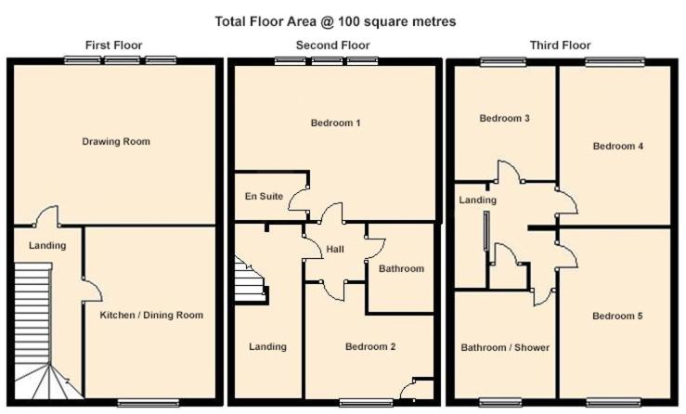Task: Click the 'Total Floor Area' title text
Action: coord(335,21)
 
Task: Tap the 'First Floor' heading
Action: coord(114,45)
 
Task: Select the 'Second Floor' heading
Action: coord(333,45)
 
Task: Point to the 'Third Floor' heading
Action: coord(561,45)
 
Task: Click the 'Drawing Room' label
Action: coord(116,141)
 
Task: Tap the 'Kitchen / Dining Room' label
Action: coord(151,315)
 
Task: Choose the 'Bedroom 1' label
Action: coord(335,123)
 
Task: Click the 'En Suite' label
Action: coord(264,196)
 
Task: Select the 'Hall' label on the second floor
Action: coord(335,249)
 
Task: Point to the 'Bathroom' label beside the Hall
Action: coord(402,268)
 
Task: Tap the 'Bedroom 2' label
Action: coord(370,346)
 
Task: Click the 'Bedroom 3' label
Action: coord(504,118)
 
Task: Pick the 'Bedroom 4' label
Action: coord(618,146)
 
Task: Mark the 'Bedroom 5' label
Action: coord(617,316)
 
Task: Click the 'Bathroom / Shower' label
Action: coord(505,347)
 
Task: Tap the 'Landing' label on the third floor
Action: coord(478,200)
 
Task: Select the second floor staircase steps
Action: coord(252,280)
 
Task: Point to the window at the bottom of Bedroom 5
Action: coord(615,402)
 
